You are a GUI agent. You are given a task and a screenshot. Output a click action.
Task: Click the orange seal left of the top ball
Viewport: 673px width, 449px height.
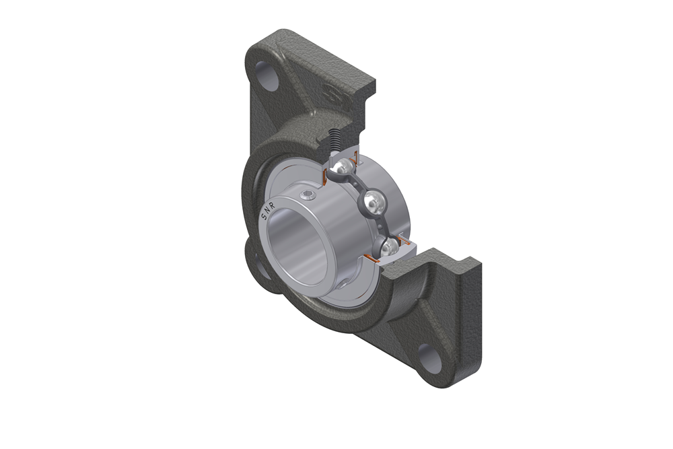pyautogui.click(x=326, y=176)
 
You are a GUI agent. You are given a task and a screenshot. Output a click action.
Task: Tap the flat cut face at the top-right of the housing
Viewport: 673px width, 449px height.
pyautogui.click(x=363, y=114)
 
